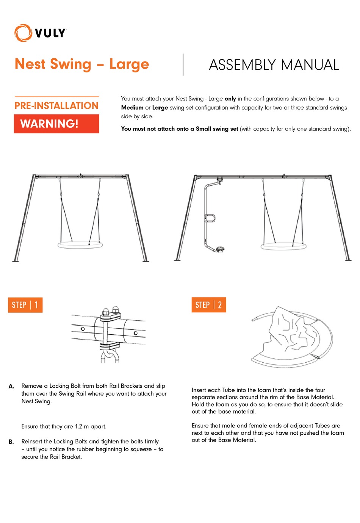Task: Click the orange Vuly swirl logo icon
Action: point(23,33)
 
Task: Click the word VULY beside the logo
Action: point(50,33)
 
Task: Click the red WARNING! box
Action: point(56,124)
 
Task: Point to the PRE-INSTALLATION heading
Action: point(56,106)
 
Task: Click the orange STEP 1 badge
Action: point(25,305)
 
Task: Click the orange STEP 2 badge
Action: point(208,305)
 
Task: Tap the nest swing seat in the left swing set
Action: point(80,244)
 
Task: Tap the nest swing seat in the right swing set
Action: point(283,246)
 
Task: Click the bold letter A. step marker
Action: point(11,386)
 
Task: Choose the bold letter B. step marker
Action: point(11,442)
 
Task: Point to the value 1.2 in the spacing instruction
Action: point(78,427)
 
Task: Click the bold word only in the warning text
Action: point(230,99)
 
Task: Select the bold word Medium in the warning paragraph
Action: point(132,108)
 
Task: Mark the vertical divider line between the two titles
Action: point(183,64)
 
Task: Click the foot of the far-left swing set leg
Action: point(16,261)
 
